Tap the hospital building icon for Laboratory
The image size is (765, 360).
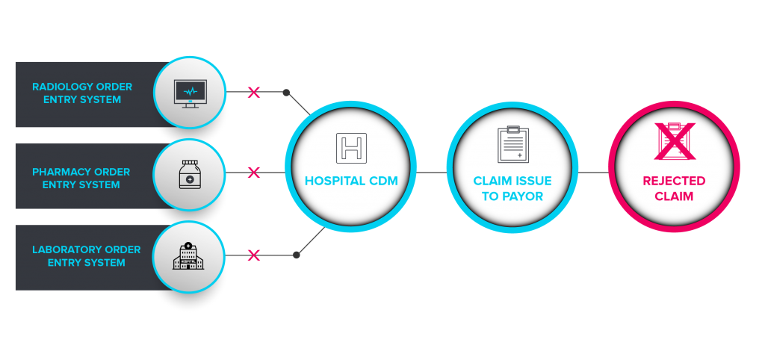click(x=188, y=256)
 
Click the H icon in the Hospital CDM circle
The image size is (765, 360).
click(x=351, y=147)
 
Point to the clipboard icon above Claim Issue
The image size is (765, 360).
click(x=512, y=145)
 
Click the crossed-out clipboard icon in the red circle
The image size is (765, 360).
click(x=674, y=142)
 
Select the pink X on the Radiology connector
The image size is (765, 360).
click(x=254, y=93)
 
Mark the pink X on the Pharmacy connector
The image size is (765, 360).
click(x=254, y=173)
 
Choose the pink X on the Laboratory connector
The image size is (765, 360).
click(x=254, y=255)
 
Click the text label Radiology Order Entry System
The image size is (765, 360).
click(x=82, y=93)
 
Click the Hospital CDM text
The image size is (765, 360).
click(x=350, y=181)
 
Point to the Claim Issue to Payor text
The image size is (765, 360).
click(x=512, y=188)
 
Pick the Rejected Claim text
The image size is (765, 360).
click(x=674, y=188)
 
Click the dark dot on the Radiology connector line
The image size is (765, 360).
click(x=286, y=93)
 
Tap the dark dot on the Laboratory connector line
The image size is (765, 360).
click(x=297, y=255)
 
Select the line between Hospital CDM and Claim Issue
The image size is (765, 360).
click(x=431, y=173)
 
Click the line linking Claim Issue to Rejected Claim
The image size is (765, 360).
click(x=593, y=173)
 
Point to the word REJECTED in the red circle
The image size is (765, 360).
click(x=674, y=181)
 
